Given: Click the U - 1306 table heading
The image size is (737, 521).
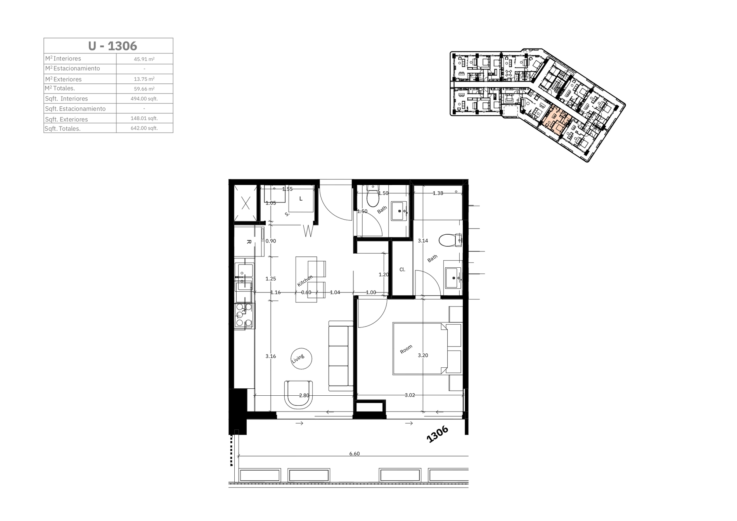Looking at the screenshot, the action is click(x=112, y=46).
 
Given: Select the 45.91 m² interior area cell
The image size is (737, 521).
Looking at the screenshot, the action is click(x=144, y=59).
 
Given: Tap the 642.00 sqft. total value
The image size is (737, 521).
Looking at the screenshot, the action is click(x=144, y=128).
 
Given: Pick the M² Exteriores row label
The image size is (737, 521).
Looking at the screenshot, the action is click(x=63, y=79).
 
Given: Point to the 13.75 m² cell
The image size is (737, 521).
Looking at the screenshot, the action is click(x=144, y=79).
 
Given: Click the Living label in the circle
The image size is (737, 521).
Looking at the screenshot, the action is click(x=298, y=358).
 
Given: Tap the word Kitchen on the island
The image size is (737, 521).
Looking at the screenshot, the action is click(x=305, y=281).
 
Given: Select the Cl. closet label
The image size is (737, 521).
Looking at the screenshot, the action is click(x=402, y=269).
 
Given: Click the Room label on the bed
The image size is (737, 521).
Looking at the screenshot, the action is click(x=406, y=349).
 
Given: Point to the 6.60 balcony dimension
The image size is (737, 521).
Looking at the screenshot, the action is click(x=354, y=453).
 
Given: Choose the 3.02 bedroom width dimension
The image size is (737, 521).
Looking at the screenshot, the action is click(x=410, y=395).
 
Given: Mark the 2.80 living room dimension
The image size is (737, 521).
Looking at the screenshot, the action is click(x=304, y=395).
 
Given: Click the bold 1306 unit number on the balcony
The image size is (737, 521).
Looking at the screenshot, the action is click(x=437, y=434).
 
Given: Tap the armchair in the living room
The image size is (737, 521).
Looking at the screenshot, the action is click(x=298, y=394).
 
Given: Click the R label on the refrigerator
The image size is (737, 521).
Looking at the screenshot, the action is click(x=249, y=242).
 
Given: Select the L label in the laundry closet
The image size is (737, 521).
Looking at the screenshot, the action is click(x=301, y=199).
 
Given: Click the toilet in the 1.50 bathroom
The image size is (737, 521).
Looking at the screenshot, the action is click(x=373, y=196).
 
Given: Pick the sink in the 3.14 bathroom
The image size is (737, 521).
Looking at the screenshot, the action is click(x=453, y=278).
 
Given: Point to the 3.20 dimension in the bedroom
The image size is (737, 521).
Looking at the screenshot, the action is click(x=423, y=355).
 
